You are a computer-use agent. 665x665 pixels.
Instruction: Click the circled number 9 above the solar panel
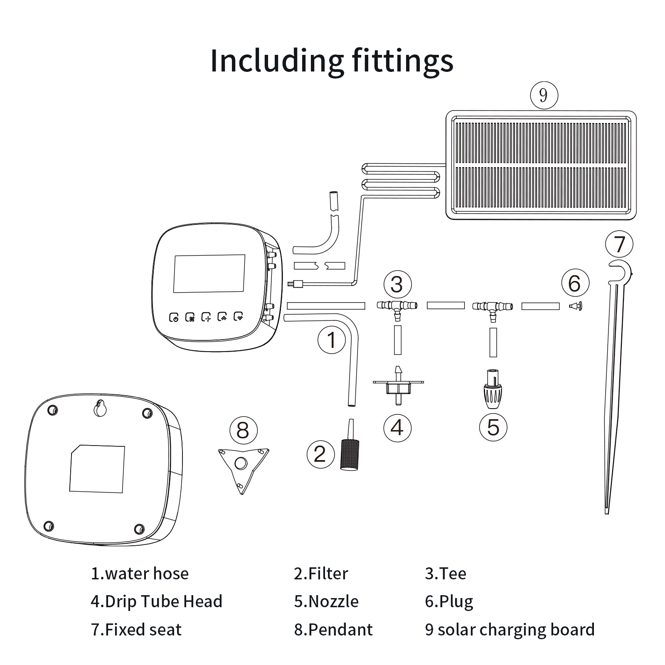tap(543, 96)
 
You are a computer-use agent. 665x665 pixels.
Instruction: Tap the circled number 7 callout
tap(619, 244)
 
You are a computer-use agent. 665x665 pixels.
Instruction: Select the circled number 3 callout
tap(397, 284)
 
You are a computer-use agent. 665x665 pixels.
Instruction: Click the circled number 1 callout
tap(331, 340)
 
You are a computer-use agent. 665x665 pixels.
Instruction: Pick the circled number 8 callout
tap(243, 430)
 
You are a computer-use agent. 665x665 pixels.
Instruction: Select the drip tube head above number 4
tap(398, 384)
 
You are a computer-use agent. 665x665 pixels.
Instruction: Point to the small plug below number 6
tap(576, 306)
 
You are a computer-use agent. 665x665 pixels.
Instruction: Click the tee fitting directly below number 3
tap(397, 308)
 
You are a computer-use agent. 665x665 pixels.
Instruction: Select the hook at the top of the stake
tap(619, 270)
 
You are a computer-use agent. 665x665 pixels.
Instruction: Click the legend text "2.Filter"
tap(321, 574)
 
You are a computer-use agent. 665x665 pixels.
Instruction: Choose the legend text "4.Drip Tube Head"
tap(157, 601)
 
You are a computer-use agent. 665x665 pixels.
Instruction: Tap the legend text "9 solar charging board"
tap(510, 630)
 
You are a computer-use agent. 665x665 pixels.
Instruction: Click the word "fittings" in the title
tap(403, 61)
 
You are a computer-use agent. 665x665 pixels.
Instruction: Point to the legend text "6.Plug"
tap(449, 601)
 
